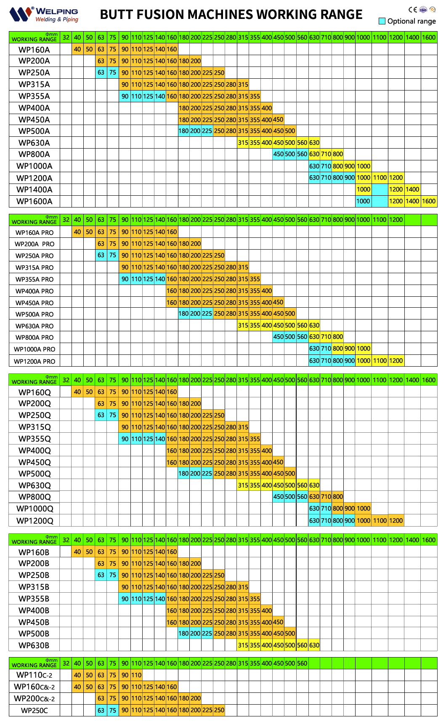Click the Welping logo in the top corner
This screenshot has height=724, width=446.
click(x=43, y=14)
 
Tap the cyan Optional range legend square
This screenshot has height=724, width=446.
click(x=382, y=21)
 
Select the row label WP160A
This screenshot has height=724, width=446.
click(x=34, y=50)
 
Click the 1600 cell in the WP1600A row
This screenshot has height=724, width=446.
click(x=429, y=201)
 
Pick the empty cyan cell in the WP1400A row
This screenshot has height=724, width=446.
click(x=380, y=189)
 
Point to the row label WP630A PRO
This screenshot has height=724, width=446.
click(x=35, y=326)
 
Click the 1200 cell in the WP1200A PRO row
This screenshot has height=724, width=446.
click(x=396, y=361)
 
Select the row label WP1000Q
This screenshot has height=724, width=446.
click(x=35, y=508)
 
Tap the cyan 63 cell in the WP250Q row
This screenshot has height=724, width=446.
click(x=101, y=415)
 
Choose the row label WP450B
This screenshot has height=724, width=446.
click(x=34, y=622)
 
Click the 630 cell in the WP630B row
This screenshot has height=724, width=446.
click(x=314, y=645)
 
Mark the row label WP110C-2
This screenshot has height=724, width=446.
click(x=34, y=675)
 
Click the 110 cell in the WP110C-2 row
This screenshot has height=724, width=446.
click(x=136, y=675)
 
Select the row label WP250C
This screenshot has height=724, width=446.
click(x=35, y=711)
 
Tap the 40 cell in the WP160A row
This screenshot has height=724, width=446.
click(x=77, y=49)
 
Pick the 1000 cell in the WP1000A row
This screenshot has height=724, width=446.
click(x=363, y=166)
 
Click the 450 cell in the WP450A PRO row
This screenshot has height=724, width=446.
click(x=278, y=302)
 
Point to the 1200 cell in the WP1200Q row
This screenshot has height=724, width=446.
click(x=396, y=521)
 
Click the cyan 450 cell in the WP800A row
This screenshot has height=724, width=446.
click(x=278, y=154)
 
